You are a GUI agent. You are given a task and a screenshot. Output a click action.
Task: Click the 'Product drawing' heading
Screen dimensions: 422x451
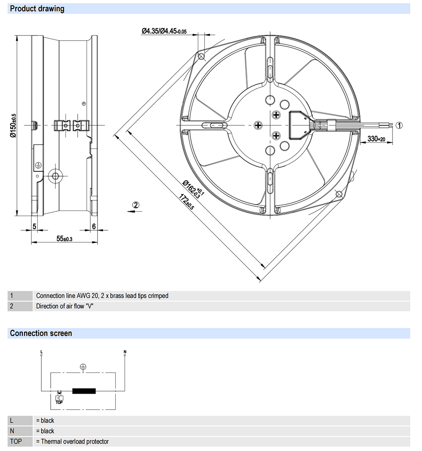(x=37, y=8)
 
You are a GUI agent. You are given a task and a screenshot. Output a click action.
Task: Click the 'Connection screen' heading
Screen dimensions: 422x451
(x=41, y=333)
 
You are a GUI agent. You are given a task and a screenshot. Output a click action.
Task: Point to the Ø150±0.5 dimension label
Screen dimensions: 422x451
(x=13, y=125)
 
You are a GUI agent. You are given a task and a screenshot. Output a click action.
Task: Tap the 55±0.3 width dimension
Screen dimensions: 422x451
(x=65, y=239)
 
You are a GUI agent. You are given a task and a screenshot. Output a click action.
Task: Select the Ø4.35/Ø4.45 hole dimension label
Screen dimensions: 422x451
(x=164, y=31)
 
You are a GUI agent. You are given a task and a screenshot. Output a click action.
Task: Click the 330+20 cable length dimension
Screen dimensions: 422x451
(x=376, y=139)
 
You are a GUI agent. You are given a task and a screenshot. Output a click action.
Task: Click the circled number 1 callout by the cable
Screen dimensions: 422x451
(x=399, y=125)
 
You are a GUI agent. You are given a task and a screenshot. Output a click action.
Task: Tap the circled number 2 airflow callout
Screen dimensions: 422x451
(x=136, y=205)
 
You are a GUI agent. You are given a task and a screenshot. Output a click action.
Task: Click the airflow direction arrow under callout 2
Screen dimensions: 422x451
(x=135, y=211)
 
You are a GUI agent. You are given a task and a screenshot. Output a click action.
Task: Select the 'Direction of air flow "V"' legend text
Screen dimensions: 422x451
(x=65, y=306)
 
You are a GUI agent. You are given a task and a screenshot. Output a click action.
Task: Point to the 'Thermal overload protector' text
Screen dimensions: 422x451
(x=75, y=442)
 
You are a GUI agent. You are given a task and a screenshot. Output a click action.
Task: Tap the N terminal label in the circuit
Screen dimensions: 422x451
(x=125, y=352)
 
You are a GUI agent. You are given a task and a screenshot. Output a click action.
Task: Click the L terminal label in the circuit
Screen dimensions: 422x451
(x=41, y=352)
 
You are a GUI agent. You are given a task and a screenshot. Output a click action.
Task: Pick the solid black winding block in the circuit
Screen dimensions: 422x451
(x=84, y=391)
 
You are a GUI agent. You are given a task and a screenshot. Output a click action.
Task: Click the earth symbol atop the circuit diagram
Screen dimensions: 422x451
(x=83, y=367)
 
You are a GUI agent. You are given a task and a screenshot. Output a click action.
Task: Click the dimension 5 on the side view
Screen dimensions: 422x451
(x=34, y=227)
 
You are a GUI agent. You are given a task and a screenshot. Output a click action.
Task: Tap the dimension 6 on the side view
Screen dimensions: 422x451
(x=94, y=227)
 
